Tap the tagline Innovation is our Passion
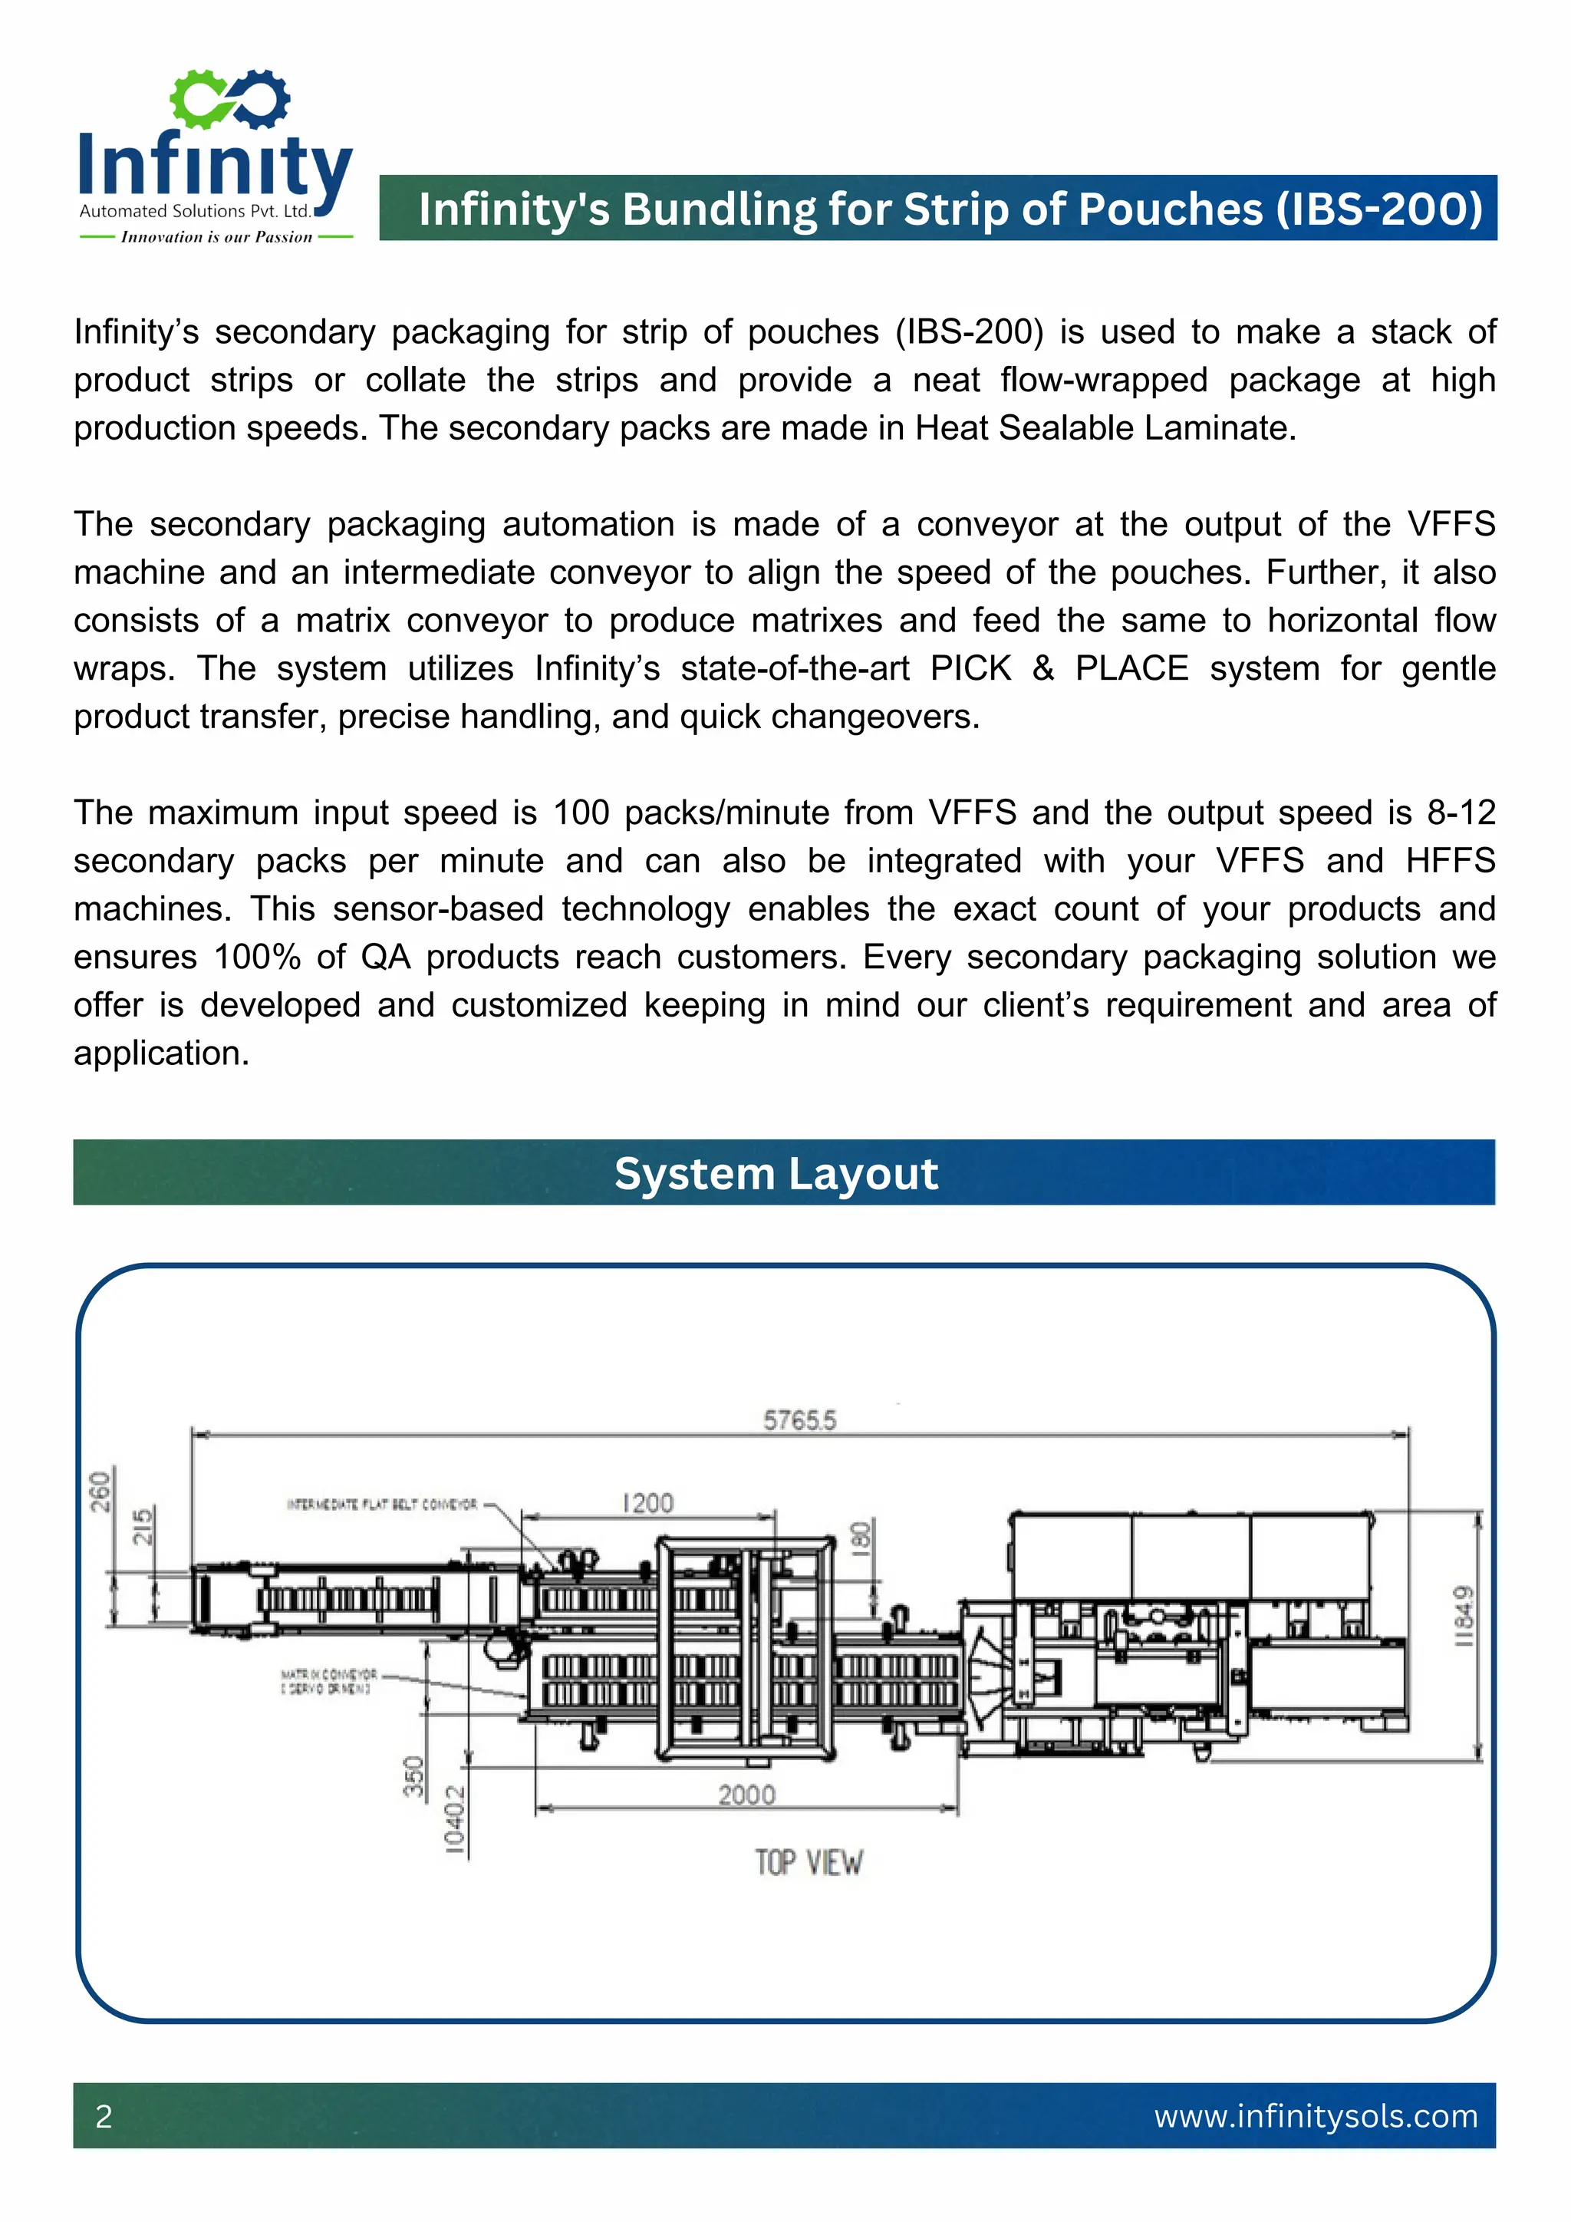(x=216, y=237)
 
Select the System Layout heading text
(x=776, y=1174)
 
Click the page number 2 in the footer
(x=104, y=2117)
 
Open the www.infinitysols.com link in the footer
(x=1316, y=2117)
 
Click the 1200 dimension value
(x=647, y=1503)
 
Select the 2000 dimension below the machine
(x=746, y=1795)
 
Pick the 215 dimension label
(x=142, y=1527)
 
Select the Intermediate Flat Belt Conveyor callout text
(x=382, y=1504)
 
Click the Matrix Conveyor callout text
(x=328, y=1681)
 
